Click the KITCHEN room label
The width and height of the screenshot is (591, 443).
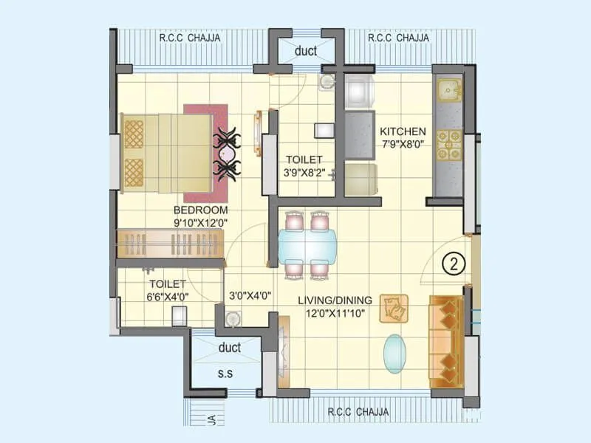(x=403, y=131)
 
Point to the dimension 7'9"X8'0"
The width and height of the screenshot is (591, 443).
(x=403, y=145)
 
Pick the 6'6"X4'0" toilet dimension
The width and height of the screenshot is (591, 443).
(x=169, y=297)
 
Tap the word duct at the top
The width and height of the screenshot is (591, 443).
(x=305, y=52)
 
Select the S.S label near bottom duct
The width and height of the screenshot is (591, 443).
(x=225, y=374)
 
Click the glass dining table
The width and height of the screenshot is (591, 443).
(x=307, y=247)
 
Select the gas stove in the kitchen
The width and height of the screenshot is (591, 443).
(x=448, y=146)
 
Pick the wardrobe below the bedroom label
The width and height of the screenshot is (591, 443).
(x=170, y=243)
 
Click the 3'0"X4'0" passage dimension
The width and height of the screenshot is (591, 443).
(x=250, y=295)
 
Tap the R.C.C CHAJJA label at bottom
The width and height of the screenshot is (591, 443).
(x=358, y=412)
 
